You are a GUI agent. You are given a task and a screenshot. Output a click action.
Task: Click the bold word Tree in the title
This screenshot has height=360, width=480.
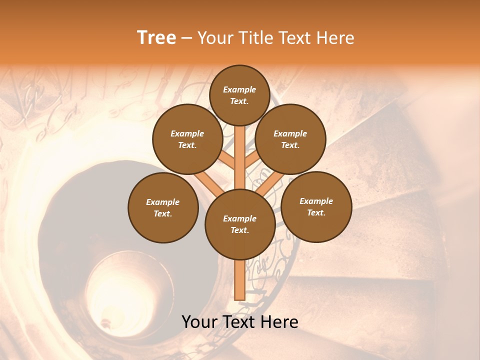pyautogui.click(x=156, y=38)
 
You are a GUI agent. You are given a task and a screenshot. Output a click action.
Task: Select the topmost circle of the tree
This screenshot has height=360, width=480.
pyautogui.click(x=239, y=95)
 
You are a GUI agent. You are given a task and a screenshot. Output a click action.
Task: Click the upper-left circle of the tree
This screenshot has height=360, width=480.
pyautogui.click(x=187, y=139)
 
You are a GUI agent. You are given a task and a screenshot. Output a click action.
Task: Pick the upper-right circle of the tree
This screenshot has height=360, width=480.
pyautogui.click(x=290, y=139)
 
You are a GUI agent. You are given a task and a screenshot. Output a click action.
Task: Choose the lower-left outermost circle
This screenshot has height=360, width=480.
pyautogui.click(x=163, y=207)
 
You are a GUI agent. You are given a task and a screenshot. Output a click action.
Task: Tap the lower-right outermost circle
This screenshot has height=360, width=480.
pyautogui.click(x=316, y=206)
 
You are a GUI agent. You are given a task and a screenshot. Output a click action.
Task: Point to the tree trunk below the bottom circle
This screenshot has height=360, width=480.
pyautogui.click(x=239, y=280)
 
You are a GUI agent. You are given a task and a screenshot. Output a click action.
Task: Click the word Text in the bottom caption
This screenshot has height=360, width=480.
pyautogui.click(x=240, y=322)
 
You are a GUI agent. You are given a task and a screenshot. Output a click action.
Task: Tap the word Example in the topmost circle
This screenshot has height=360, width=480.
pyautogui.click(x=239, y=89)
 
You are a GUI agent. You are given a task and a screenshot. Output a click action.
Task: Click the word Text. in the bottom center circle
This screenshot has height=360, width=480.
pyautogui.click(x=239, y=230)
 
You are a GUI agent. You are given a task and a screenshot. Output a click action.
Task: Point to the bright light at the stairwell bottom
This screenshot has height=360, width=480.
pyautogui.click(x=106, y=320)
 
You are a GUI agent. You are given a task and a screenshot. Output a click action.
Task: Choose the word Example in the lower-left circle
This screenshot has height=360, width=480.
pyautogui.click(x=162, y=202)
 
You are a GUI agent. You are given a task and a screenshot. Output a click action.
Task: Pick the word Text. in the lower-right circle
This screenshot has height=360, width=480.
pyautogui.click(x=316, y=212)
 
